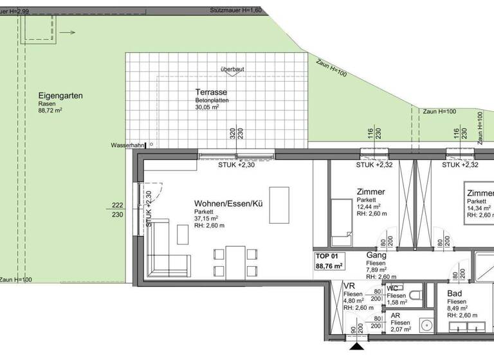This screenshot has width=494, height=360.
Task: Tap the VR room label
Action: (350, 287)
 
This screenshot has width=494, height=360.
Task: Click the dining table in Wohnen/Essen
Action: (236, 262)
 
